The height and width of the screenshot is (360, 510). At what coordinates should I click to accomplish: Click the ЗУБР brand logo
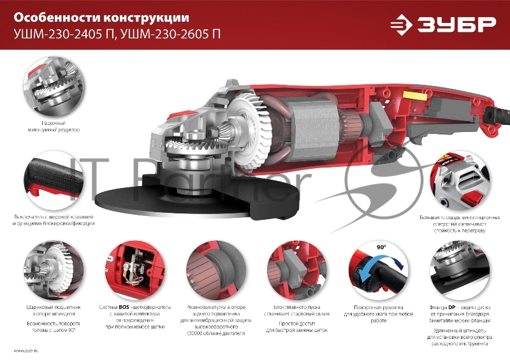coord(442,25)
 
